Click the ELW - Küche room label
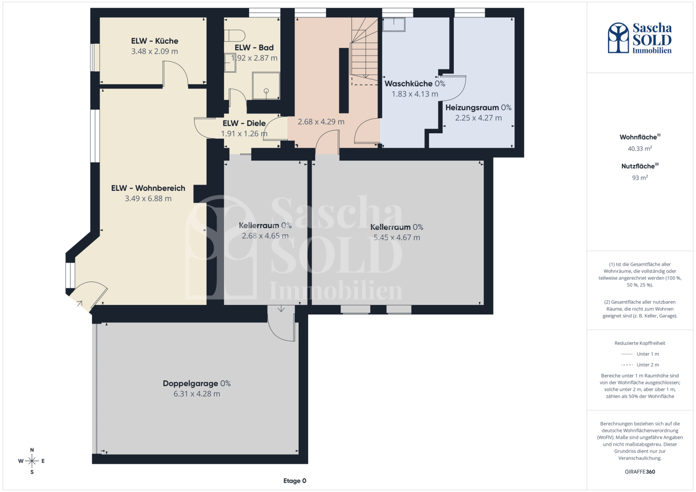pos(155,41)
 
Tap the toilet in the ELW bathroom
pos(235,36)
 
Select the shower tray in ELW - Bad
pos(266,86)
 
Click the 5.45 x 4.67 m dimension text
pos(397,238)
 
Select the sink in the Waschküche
pos(394,24)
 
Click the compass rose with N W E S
pos(32,461)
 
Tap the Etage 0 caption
pos(294,481)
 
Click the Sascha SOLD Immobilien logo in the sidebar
pos(640,38)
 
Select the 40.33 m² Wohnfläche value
pos(640,149)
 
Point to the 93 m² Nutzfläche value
pos(640,178)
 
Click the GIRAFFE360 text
pos(640,472)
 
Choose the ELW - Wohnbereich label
pos(148,188)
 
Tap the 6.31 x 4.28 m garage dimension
pos(197,394)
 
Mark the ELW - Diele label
pos(244,123)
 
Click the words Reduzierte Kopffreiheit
pos(640,343)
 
